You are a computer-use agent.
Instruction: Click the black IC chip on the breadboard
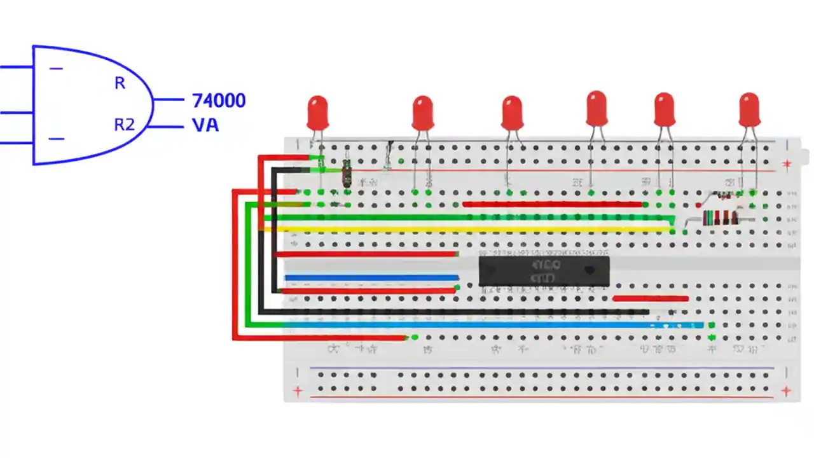click(x=544, y=270)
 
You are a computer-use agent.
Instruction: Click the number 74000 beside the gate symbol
click(x=219, y=101)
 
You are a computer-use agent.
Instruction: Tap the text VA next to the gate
click(x=205, y=125)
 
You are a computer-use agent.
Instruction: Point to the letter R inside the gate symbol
click(x=120, y=83)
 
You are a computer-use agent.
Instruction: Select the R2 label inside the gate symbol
click(x=124, y=125)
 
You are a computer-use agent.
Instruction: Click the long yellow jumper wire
click(x=471, y=229)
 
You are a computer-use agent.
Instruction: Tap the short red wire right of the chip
click(x=650, y=298)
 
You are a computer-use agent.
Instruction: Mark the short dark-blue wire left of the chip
click(x=372, y=277)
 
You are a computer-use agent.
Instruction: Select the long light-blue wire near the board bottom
click(x=483, y=325)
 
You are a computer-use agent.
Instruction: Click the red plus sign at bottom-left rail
click(x=296, y=391)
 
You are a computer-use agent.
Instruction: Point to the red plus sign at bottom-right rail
click(x=786, y=391)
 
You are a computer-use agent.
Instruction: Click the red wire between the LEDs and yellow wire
click(x=552, y=204)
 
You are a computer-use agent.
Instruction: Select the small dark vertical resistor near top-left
click(x=347, y=173)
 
